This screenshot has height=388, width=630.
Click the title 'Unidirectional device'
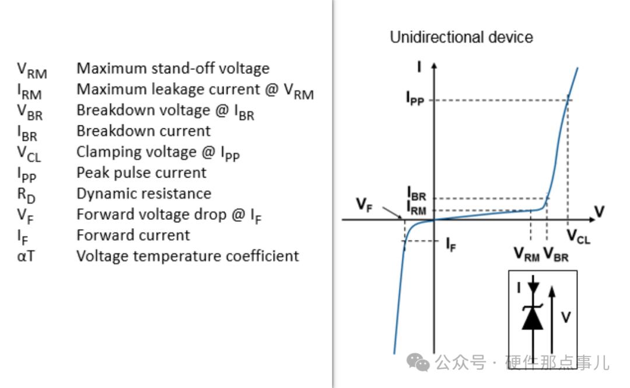[x=461, y=37]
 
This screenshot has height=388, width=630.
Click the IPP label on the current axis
[x=415, y=98]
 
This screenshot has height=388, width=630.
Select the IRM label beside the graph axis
[x=416, y=208]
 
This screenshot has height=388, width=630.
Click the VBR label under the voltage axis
[x=556, y=254]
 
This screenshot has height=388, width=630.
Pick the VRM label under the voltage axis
[x=527, y=254]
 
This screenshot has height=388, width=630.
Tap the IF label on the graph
[x=451, y=244]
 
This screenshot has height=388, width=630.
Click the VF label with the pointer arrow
[x=365, y=205]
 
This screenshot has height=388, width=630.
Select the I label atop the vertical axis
[x=419, y=67]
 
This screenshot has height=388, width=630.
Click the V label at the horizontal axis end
[x=600, y=211]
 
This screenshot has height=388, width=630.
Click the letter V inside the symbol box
[x=566, y=317]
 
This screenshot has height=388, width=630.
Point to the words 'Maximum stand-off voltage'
[x=173, y=69]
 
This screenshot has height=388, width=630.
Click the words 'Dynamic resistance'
[x=144, y=194]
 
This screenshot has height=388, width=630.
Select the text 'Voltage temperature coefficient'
[x=188, y=256]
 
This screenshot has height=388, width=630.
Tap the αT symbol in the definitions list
[x=26, y=256]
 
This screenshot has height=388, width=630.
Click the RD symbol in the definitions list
[x=26, y=195]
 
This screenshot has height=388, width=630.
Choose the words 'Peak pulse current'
[x=141, y=173]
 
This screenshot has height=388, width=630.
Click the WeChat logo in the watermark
[x=418, y=362]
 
